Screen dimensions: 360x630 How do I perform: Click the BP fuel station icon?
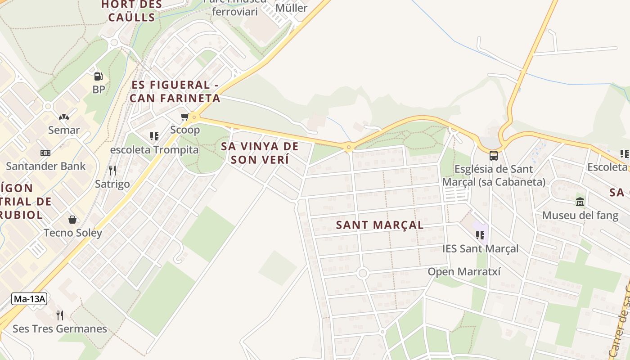pos(99,76)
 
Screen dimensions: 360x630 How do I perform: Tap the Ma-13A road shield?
pos(29,299)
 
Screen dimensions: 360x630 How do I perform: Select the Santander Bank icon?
pos(45,153)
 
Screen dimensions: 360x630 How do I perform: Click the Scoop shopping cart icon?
pos(184,117)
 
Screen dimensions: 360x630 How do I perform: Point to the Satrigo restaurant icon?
pos(112,170)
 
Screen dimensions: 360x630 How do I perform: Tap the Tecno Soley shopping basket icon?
pos(72,220)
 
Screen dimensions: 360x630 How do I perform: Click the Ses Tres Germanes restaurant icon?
pos(60,315)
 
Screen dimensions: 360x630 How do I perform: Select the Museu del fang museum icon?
pos(580,202)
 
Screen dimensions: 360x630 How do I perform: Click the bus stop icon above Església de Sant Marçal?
pos(494,156)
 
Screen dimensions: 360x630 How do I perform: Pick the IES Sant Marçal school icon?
pos(480,235)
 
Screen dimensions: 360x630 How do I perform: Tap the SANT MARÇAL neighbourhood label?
pos(380,225)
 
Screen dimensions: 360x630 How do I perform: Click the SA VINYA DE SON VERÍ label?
pos(260,153)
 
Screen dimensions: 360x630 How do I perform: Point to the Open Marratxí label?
pos(464,272)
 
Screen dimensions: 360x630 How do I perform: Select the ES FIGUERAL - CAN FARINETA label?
pos(176,91)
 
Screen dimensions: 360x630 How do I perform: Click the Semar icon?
pos(64,117)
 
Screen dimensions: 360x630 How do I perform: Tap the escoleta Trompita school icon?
pos(154,136)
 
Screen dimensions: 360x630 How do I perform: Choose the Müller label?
pos(291,8)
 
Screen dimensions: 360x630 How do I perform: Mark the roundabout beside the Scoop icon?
pos(194,117)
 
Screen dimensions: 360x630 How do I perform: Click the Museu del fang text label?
pos(580,215)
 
